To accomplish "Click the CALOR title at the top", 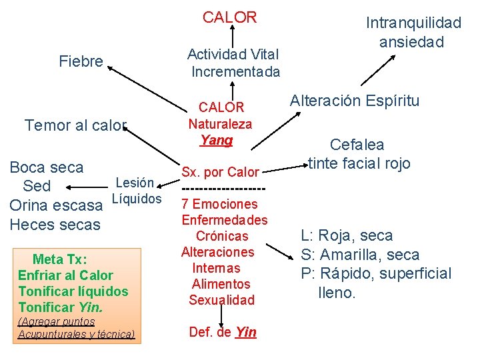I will (229, 18).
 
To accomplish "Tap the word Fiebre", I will (81, 62).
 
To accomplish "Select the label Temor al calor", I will (75, 125).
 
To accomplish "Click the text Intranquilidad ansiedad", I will (413, 32).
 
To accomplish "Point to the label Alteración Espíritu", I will (355, 101).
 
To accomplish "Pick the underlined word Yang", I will (217, 140).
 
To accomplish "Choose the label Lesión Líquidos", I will (136, 191).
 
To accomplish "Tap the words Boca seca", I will (47, 167).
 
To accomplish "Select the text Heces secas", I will (55, 225).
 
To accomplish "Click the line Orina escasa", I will (57, 205).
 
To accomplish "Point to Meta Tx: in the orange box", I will (60, 259).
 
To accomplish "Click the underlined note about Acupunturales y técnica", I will (77, 328).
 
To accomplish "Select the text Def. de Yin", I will (223, 332).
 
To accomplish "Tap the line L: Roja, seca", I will (347, 235).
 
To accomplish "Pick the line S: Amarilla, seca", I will (360, 255).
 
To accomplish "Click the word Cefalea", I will (357, 144).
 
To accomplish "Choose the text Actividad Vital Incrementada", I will (233, 63).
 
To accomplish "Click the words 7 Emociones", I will (220, 204).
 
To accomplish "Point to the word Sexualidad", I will (222, 300).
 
